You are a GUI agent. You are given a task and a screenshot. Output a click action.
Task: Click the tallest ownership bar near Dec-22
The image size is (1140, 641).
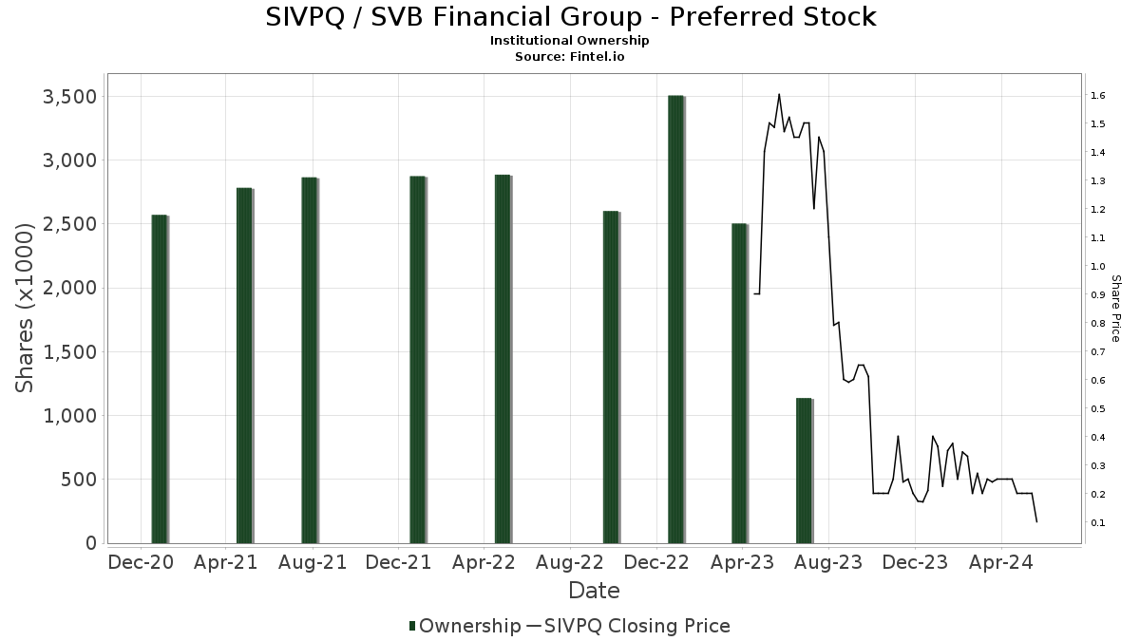(675, 319)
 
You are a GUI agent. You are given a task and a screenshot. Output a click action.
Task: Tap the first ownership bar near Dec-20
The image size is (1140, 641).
(159, 379)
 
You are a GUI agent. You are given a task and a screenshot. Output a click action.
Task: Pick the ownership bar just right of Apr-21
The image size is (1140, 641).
(244, 366)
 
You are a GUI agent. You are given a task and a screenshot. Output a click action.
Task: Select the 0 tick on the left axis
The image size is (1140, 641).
(91, 543)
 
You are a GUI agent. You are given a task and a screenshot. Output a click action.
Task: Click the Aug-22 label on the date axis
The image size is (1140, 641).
(570, 562)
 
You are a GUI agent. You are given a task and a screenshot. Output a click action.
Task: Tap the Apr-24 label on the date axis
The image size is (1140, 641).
(1001, 562)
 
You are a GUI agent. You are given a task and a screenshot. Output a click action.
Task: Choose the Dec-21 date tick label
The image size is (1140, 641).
(398, 562)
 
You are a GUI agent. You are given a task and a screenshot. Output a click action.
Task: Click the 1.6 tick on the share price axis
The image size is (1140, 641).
(1096, 96)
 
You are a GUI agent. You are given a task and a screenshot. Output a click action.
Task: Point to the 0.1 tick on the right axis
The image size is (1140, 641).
(1096, 523)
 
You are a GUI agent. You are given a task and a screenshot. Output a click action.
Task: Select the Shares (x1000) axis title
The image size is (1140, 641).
(27, 307)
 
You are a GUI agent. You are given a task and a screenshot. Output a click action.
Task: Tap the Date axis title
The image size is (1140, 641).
(594, 591)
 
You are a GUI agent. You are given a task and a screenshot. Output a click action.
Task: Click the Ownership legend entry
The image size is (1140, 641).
(465, 626)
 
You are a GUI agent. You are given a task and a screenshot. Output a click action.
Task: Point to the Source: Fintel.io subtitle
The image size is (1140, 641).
(569, 56)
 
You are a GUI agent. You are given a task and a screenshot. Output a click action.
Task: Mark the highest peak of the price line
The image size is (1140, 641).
(779, 94)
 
